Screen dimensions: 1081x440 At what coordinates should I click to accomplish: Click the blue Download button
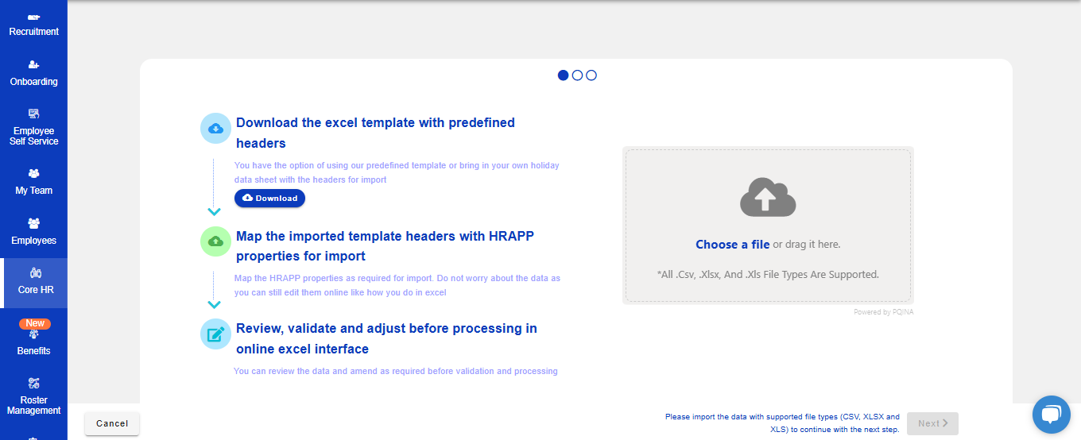click(x=269, y=199)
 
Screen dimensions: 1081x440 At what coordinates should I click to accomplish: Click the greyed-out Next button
click(x=932, y=423)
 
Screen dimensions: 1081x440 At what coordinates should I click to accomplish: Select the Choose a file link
click(x=732, y=245)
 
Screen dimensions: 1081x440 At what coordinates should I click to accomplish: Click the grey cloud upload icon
click(x=768, y=197)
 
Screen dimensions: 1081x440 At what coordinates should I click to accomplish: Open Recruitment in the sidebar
click(x=33, y=25)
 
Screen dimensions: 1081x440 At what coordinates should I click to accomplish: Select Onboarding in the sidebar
click(x=33, y=74)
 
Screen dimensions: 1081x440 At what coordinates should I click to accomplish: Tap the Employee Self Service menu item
click(x=33, y=127)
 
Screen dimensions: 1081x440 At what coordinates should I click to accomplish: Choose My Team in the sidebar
click(x=33, y=183)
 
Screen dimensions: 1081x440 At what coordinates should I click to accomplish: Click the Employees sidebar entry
click(x=33, y=232)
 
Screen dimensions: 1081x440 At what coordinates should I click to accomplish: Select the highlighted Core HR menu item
click(x=36, y=283)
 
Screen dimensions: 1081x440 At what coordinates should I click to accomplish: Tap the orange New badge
click(x=35, y=323)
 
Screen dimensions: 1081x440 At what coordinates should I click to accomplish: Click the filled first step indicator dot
click(x=563, y=75)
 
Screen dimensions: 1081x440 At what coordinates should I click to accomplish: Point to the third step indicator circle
click(x=591, y=75)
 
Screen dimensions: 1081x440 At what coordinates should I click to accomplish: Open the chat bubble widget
click(x=1051, y=415)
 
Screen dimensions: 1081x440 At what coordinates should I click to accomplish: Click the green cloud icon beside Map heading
click(x=215, y=241)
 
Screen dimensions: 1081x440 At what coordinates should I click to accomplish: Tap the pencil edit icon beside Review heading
click(x=215, y=334)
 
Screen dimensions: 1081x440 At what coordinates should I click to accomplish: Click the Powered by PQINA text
click(x=884, y=312)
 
